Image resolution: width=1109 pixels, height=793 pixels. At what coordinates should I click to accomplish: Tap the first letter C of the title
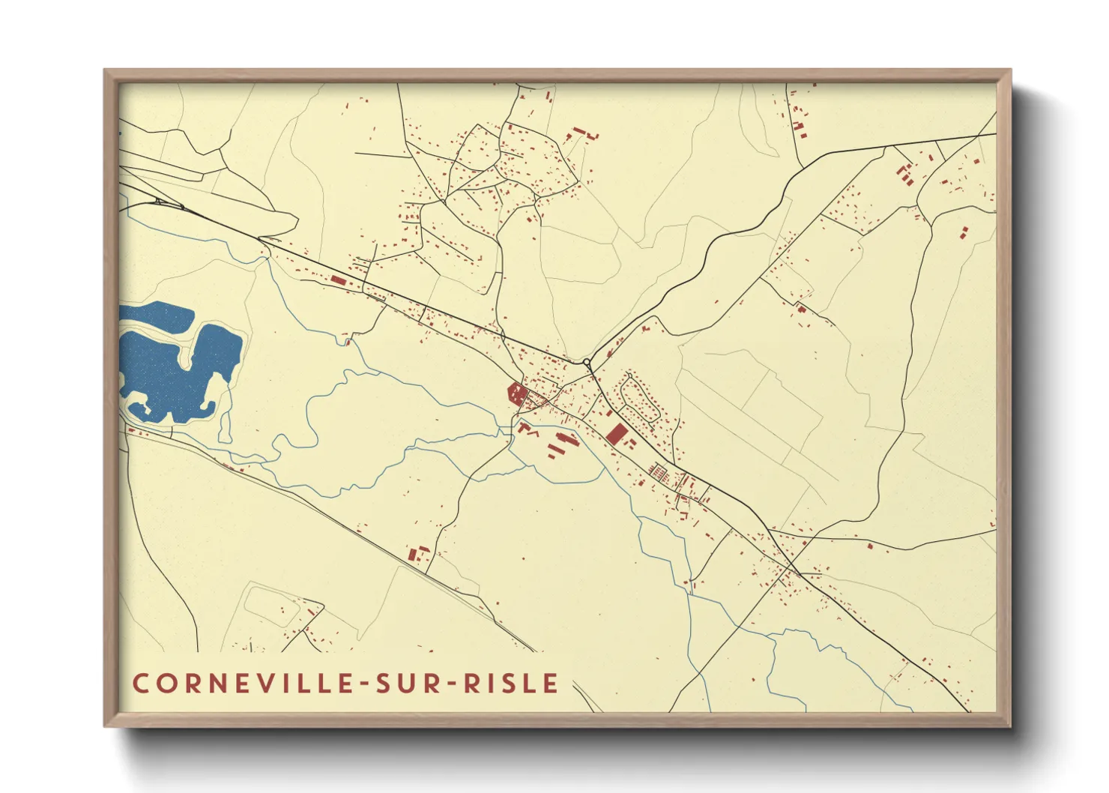coord(140,684)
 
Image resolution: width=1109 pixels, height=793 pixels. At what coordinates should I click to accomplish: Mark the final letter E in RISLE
coord(552,684)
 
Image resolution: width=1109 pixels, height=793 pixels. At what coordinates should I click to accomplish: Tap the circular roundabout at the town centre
coord(587,363)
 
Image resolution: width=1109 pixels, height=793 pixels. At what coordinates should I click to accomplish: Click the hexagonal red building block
coord(516,392)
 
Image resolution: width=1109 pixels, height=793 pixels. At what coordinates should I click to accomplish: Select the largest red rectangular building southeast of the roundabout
coord(617,434)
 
